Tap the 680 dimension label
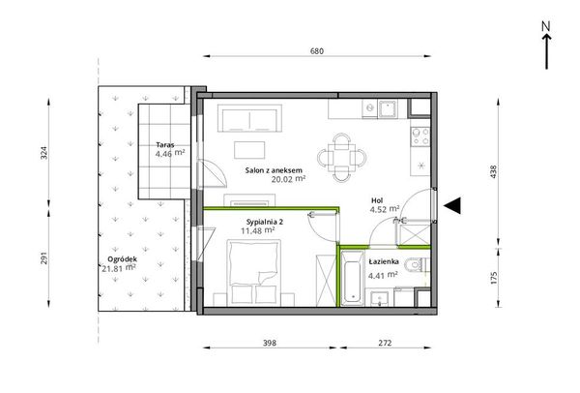coord(317,51)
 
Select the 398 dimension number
coord(270,343)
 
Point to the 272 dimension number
coord(385,343)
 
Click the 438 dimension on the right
coord(493,172)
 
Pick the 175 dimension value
coord(493,278)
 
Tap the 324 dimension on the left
coord(44,153)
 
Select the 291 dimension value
coord(44,258)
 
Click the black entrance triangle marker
coord(452,205)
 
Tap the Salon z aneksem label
coord(274,170)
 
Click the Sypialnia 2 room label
coord(265,222)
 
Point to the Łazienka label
coord(384,261)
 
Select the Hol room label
coord(377,200)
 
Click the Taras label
coord(165,145)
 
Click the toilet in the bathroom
coord(418,265)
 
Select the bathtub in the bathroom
coord(352,278)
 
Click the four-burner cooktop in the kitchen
coord(420,136)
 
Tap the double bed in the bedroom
coord(253,272)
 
